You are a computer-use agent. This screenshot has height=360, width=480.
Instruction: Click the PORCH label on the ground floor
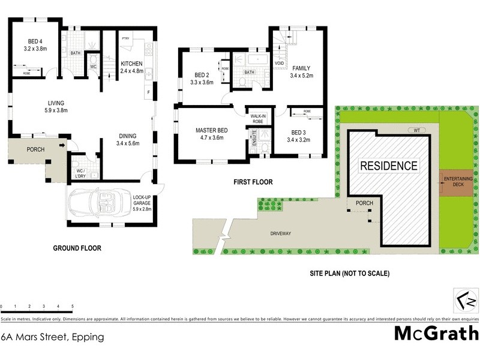tap(35, 149)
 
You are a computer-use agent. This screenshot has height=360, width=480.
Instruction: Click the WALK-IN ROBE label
tap(258, 118)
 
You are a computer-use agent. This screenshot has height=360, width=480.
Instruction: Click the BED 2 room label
tap(202, 78)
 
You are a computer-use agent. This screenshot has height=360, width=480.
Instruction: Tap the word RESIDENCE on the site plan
tap(388, 166)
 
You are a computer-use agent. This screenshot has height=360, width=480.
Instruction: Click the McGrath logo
tap(436, 333)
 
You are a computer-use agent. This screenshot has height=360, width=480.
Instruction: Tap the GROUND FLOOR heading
tap(77, 248)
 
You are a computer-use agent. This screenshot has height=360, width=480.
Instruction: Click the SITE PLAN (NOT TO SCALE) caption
tap(349, 274)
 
